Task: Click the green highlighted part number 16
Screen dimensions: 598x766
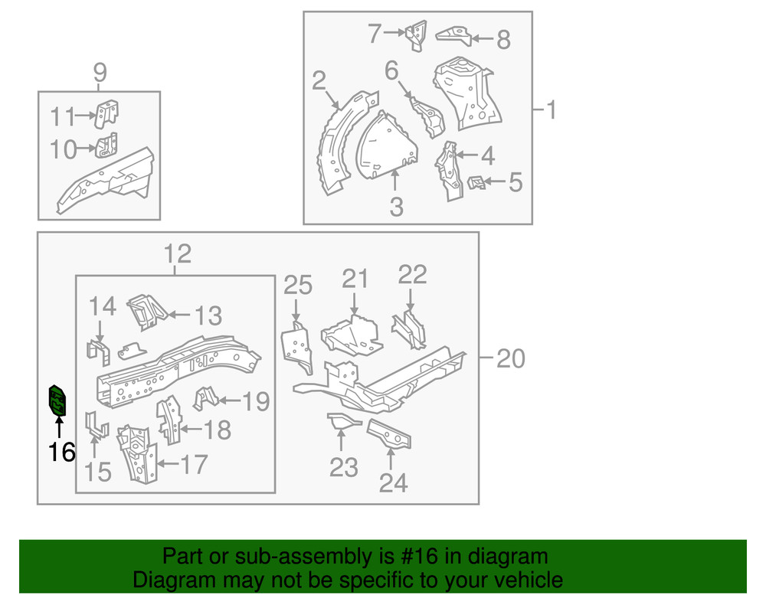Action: point(57,400)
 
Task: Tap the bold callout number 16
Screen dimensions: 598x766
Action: point(62,453)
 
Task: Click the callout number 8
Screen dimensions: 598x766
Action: point(502,40)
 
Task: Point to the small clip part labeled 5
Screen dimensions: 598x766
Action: point(476,182)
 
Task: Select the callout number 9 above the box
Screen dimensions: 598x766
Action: point(100,74)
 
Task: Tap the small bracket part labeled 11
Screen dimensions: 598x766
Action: point(107,113)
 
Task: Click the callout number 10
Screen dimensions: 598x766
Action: point(64,149)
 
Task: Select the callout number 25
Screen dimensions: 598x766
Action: point(298,286)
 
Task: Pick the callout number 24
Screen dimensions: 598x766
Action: point(394,483)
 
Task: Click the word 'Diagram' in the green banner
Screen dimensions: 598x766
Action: point(171,580)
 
